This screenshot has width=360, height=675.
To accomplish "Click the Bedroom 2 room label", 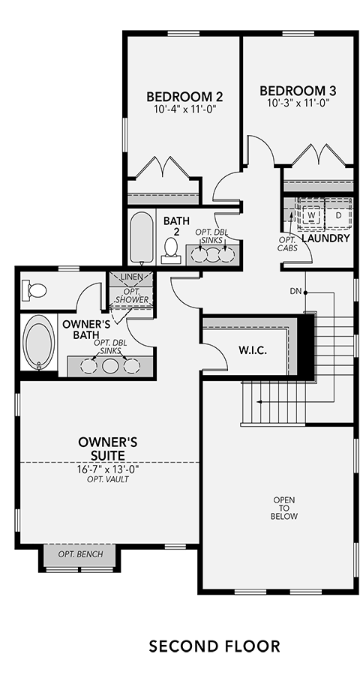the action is (184, 96).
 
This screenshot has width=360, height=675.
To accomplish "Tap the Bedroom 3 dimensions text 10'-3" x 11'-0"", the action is (298, 103).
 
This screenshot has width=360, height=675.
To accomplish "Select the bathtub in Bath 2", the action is (141, 237).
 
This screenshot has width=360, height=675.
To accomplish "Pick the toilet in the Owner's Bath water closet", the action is (34, 290).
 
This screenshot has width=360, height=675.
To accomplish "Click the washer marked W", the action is (311, 214).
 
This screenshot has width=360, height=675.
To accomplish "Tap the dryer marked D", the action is (338, 214).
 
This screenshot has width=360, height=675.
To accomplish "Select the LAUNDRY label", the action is (325, 238).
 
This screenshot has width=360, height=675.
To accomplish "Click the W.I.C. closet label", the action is (253, 350).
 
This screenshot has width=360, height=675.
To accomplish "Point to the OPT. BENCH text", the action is (80, 554).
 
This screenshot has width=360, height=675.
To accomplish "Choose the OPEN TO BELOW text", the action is (283, 508).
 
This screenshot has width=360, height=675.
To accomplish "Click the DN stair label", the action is (295, 292).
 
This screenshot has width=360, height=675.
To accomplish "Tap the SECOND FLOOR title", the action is (214, 646).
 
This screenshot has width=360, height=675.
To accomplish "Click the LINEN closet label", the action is (131, 277).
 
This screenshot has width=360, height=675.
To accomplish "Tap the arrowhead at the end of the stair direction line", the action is (259, 402).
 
